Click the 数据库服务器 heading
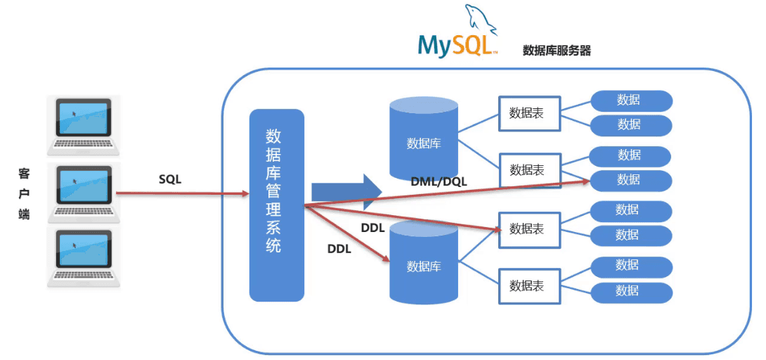(x=557, y=51)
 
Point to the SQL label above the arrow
(x=169, y=179)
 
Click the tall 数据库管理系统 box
(x=277, y=205)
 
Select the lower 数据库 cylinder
(x=424, y=263)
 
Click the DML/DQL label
(x=439, y=181)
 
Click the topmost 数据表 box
(x=530, y=113)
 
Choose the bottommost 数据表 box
(x=530, y=286)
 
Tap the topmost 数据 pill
(x=630, y=101)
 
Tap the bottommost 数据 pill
(x=630, y=291)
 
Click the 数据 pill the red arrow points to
(x=630, y=180)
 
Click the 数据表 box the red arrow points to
(x=530, y=229)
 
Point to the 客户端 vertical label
(x=24, y=193)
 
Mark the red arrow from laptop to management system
(x=183, y=193)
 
